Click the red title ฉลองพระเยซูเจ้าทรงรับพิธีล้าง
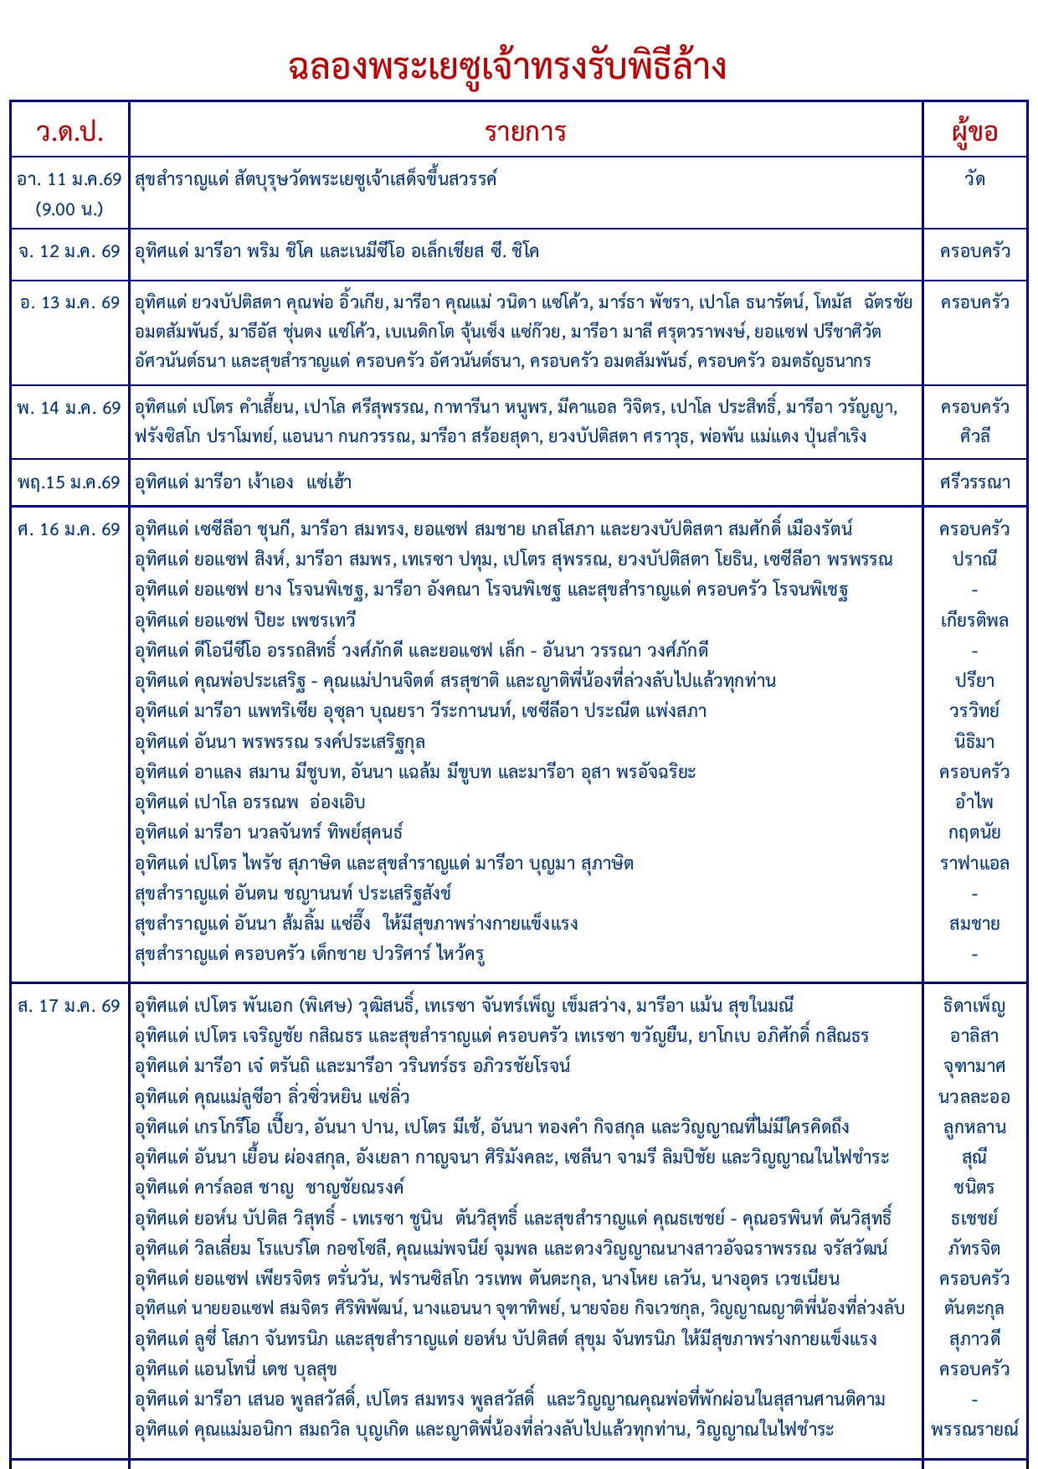click(507, 67)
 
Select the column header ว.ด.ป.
click(69, 131)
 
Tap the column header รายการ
click(526, 131)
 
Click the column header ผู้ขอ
click(974, 131)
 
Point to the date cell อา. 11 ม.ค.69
click(69, 179)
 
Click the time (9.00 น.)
click(69, 209)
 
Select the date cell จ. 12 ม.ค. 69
click(69, 251)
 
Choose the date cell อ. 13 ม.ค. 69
click(69, 302)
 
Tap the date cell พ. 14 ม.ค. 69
click(69, 408)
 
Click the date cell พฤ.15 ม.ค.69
click(69, 482)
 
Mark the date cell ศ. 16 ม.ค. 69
click(69, 529)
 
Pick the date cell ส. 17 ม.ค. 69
click(69, 1006)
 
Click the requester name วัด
click(974, 179)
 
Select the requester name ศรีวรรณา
click(974, 482)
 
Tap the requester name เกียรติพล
click(974, 621)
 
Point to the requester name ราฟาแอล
click(974, 863)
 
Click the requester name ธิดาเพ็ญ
click(974, 1006)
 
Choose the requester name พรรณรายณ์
click(974, 1429)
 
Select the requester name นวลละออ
click(974, 1097)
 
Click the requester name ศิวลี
click(974, 436)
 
